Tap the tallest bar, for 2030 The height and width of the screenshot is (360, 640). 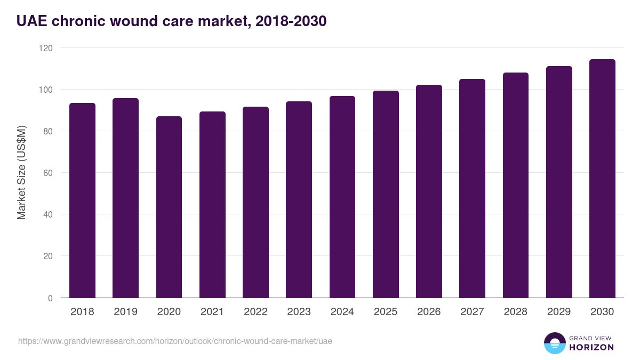coord(602,179)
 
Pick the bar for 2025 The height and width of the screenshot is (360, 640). coord(386,194)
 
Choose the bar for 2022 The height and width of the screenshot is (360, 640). coord(255,202)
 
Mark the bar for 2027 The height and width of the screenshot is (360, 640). coord(472,188)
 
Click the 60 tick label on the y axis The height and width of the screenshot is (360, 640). coord(48,173)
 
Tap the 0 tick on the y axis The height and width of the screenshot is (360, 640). coord(50,298)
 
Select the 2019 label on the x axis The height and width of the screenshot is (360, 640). coord(125,312)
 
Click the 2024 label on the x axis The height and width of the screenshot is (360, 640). coord(342,312)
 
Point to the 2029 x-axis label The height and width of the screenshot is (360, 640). coord(559,312)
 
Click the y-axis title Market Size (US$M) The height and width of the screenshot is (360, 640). coord(21,172)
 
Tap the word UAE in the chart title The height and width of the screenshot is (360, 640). coord(31,21)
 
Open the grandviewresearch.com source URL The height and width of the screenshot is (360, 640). coord(175,341)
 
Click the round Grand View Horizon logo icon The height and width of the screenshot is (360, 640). coord(554,343)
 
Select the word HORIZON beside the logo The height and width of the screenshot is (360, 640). coord(591,347)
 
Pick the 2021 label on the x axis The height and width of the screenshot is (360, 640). coord(212,312)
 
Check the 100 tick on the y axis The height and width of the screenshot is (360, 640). coord(46,90)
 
